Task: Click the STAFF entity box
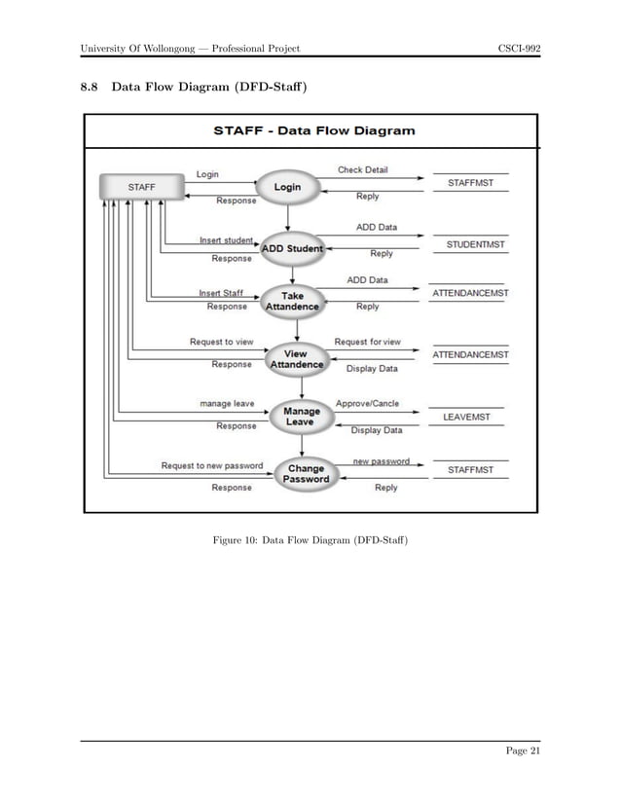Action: [141, 186]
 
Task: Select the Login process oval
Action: [286, 186]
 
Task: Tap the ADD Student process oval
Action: [291, 249]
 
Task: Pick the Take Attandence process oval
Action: [292, 302]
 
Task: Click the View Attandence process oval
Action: [296, 359]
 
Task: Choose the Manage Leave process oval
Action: [301, 417]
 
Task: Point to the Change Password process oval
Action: [306, 473]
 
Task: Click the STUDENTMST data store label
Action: [475, 244]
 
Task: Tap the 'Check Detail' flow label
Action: [362, 170]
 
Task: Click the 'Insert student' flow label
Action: [226, 239]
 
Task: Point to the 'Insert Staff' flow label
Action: [221, 292]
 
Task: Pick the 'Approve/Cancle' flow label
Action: [367, 402]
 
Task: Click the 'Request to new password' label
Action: [212, 465]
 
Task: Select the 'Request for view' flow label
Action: [367, 342]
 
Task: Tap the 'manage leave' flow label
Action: [227, 402]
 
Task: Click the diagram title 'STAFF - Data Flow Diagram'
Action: [313, 130]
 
